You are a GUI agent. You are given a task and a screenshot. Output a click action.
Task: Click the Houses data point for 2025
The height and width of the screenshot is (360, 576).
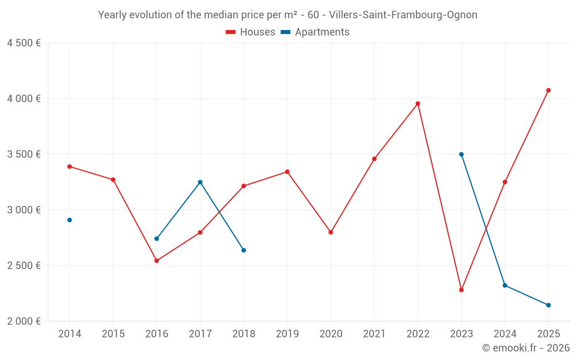tap(548, 90)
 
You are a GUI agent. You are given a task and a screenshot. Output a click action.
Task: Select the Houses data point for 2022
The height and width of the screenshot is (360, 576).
tap(418, 104)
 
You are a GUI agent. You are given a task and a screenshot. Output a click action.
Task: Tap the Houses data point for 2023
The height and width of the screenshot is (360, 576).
tap(461, 290)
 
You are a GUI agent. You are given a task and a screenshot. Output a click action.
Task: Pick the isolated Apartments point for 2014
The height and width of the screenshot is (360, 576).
tap(70, 220)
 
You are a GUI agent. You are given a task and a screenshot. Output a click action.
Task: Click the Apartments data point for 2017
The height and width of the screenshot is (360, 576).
tap(200, 182)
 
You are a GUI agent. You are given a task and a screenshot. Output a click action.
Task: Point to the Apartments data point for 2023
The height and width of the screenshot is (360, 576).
tap(461, 154)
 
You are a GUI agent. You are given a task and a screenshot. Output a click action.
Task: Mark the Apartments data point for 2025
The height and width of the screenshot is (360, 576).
tap(548, 305)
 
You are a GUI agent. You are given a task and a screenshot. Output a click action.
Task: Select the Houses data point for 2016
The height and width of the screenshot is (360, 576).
tap(157, 261)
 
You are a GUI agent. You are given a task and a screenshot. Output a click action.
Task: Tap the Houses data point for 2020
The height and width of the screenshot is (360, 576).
tap(331, 232)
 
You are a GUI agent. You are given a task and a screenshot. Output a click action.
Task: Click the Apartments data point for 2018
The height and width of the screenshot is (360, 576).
tap(244, 250)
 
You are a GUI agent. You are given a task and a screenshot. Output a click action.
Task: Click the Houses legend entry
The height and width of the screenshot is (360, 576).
tap(251, 32)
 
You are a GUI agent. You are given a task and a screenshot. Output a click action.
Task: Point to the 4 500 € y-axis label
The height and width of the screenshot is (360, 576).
tap(24, 43)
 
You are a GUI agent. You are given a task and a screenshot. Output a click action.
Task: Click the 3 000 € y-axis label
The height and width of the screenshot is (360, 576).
tap(24, 210)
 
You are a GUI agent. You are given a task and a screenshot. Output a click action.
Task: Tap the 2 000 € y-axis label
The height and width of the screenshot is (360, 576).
tap(24, 321)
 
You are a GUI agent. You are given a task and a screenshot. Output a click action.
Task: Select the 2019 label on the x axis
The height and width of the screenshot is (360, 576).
tap(287, 334)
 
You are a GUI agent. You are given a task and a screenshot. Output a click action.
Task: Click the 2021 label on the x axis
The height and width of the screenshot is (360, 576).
tap(374, 334)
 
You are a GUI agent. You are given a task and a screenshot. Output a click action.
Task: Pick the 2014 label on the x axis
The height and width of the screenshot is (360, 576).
tap(70, 334)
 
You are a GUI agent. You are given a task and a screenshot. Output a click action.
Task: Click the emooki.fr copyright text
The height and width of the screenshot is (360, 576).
tap(526, 348)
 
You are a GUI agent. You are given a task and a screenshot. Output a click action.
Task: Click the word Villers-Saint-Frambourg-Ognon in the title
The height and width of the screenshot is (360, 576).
tap(403, 15)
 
